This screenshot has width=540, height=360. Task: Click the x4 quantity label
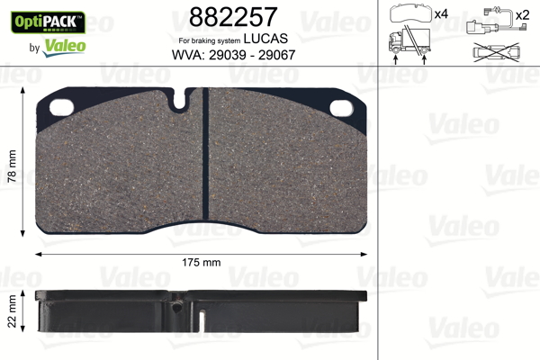point(440,14)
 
